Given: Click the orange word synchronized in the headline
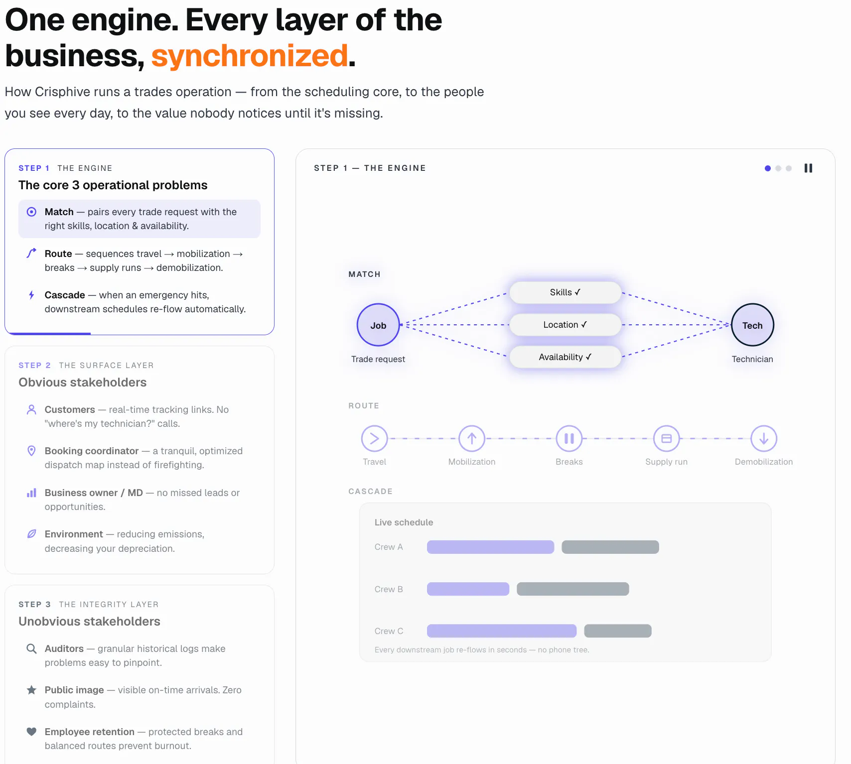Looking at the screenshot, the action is pyautogui.click(x=249, y=55).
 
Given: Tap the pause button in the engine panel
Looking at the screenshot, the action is pyautogui.click(x=808, y=168).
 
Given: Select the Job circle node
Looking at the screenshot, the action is pyautogui.click(x=378, y=325).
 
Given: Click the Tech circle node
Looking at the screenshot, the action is pyautogui.click(x=752, y=325).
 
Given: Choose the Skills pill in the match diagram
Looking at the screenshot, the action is pyautogui.click(x=565, y=292).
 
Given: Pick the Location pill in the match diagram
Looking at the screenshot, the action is pyautogui.click(x=565, y=325).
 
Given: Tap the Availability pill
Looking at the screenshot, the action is pyautogui.click(x=565, y=357).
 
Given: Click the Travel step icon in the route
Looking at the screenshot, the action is pyautogui.click(x=375, y=438).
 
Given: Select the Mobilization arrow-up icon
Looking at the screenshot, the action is pyautogui.click(x=472, y=438).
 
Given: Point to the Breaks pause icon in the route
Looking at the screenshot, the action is pyautogui.click(x=569, y=438).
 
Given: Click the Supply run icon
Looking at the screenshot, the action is pyautogui.click(x=667, y=438).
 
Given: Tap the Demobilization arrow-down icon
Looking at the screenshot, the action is pyautogui.click(x=764, y=438).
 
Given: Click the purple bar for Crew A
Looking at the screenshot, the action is pyautogui.click(x=490, y=547).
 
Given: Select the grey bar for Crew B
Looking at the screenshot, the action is pyautogui.click(x=573, y=589).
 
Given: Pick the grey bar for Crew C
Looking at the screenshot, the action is pyautogui.click(x=618, y=631).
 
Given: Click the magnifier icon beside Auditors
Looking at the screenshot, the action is pyautogui.click(x=31, y=648).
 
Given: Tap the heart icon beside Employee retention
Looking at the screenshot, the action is pyautogui.click(x=31, y=732).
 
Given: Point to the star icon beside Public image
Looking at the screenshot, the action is pyautogui.click(x=31, y=690).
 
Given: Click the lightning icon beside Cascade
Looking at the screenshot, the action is pyautogui.click(x=31, y=295).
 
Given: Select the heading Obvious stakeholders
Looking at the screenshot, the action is pyautogui.click(x=83, y=382).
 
